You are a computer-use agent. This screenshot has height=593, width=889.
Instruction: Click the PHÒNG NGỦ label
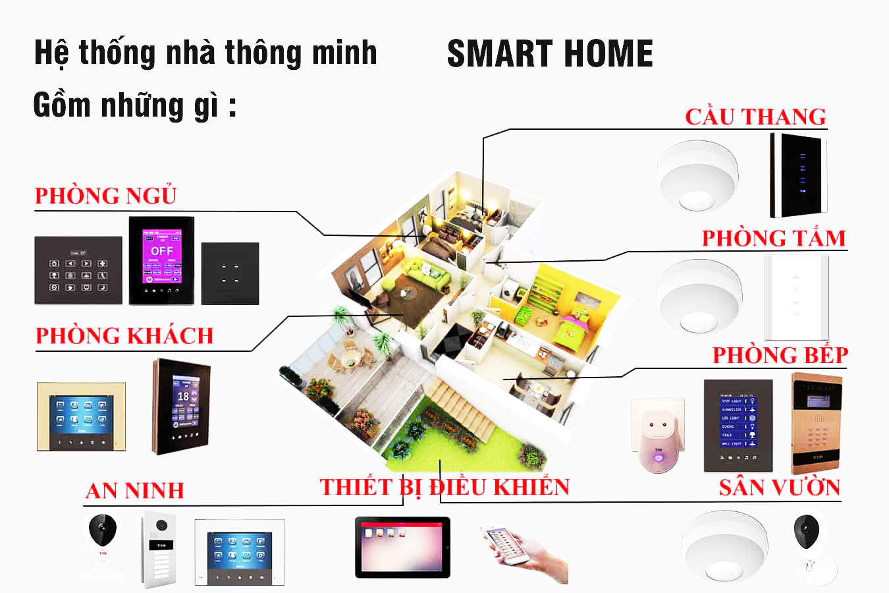[105, 196]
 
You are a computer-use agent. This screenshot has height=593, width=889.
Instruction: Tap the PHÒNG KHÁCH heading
[124, 336]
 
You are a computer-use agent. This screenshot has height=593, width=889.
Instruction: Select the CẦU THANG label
[755, 117]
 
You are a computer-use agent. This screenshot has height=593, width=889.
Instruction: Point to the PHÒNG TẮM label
[774, 238]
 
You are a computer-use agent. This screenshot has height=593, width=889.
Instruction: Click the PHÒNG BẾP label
[780, 355]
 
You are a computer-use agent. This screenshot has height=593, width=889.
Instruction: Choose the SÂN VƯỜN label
[780, 488]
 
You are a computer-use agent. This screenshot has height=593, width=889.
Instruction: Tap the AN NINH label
[134, 490]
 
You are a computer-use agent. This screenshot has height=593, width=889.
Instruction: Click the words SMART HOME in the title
[550, 54]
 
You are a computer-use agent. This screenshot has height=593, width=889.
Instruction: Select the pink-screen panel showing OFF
[161, 260]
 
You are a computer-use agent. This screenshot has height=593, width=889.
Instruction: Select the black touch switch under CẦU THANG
[798, 175]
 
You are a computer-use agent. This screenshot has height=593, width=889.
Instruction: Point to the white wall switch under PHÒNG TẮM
[796, 297]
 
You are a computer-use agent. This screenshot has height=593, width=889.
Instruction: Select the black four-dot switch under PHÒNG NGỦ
[230, 273]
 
